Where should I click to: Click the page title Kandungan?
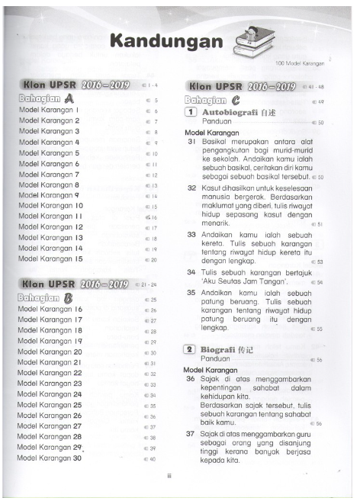(161, 42)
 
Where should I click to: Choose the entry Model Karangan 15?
(50, 259)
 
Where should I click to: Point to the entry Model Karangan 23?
(50, 384)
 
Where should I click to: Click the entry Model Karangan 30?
(50, 458)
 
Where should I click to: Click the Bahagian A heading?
(45, 98)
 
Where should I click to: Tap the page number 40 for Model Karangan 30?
(153, 458)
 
